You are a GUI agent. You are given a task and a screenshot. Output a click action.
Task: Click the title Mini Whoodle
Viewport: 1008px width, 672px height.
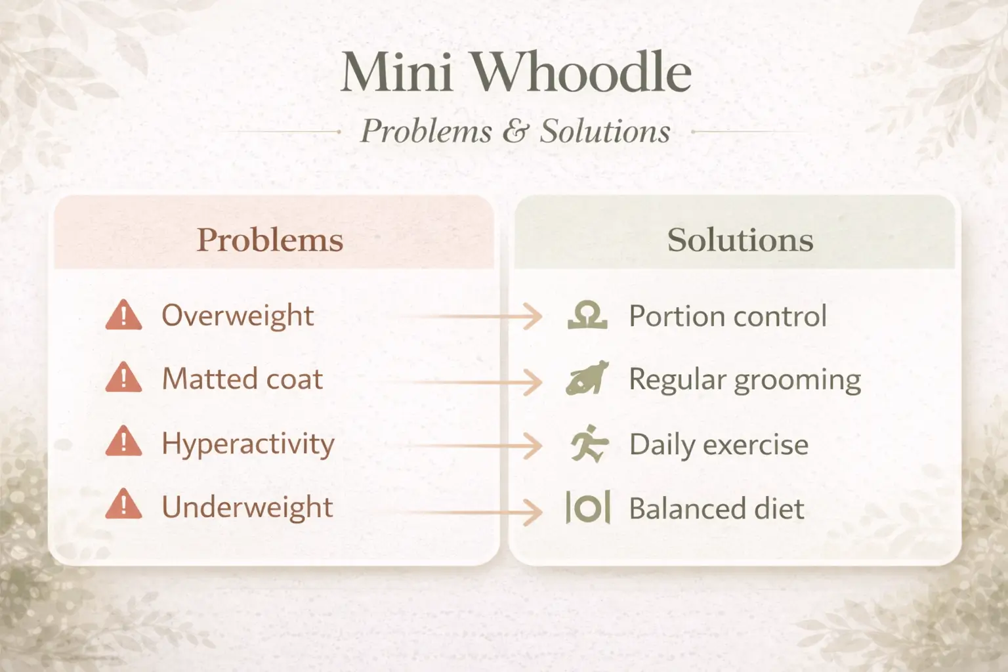coord(516,72)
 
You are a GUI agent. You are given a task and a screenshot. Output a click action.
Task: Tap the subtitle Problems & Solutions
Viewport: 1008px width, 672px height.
coord(516,131)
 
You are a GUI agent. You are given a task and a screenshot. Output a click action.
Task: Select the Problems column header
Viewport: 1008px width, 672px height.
coord(270,240)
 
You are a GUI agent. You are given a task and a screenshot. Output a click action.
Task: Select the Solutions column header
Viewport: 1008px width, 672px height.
coord(740,240)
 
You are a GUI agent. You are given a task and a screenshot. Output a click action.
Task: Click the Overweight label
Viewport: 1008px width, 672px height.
coord(238,316)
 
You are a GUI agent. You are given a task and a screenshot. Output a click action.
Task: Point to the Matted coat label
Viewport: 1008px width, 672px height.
coord(242,379)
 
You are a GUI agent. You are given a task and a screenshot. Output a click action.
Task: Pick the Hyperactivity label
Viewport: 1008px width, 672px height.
coord(248,444)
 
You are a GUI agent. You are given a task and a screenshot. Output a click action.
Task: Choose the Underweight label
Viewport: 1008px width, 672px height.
coord(247,507)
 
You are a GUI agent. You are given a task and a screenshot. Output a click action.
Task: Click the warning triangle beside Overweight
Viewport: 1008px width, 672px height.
coord(123,316)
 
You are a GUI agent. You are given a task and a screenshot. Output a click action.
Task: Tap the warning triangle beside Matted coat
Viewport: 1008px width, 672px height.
coord(123,379)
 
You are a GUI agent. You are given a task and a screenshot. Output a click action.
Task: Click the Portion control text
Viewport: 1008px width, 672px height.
coord(728,316)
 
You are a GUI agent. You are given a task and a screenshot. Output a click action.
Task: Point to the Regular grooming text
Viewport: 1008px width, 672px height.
coord(745,380)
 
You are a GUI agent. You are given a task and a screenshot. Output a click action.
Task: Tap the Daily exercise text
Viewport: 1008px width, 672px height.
coord(719,445)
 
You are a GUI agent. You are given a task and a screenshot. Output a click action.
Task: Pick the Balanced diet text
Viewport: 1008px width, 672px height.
coord(717,509)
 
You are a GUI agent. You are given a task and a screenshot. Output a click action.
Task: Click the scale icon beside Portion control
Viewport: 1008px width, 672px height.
coord(587,316)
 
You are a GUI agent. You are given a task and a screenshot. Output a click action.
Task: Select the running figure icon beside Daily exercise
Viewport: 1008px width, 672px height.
coord(589,444)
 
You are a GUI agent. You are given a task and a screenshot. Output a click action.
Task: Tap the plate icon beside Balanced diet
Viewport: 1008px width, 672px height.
coord(588,508)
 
